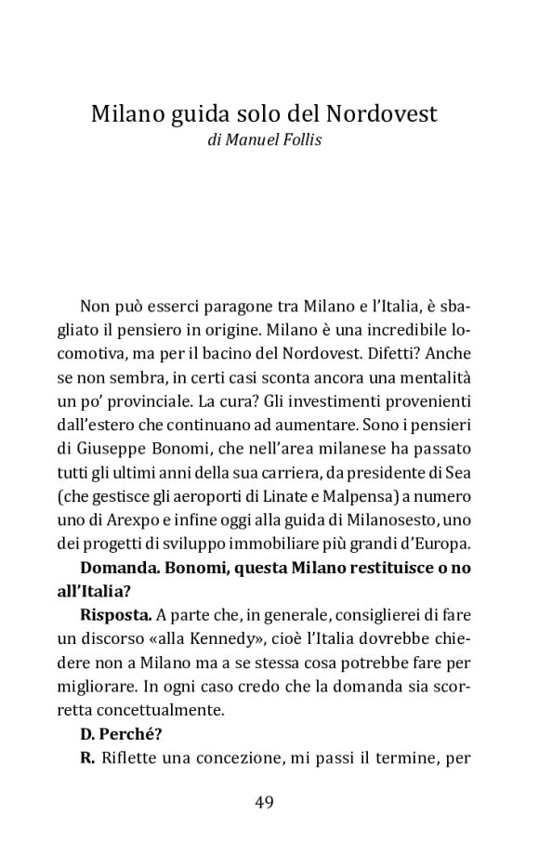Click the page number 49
pos(263,803)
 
